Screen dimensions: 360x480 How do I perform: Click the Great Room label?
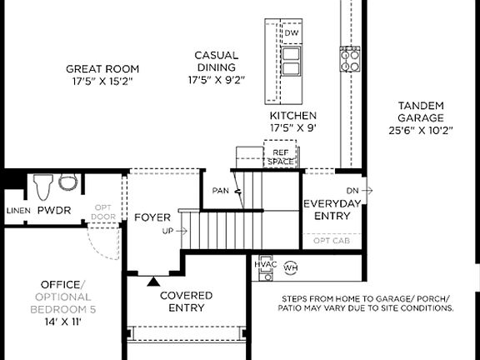[102, 75]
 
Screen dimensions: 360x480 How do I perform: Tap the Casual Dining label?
[217, 67]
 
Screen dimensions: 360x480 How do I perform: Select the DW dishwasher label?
[291, 33]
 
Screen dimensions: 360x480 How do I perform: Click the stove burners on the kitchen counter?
[349, 58]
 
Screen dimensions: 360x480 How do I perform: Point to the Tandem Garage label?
[420, 117]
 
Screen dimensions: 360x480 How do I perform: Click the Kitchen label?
[292, 121]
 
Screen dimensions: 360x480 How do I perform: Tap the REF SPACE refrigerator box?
[280, 157]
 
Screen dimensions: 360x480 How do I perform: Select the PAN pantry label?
[220, 191]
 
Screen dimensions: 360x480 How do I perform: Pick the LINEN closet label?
[17, 211]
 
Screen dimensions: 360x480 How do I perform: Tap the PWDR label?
[53, 211]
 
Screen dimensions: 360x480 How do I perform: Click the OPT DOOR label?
[104, 212]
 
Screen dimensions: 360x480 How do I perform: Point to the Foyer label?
[152, 217]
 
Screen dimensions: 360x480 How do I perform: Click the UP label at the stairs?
[167, 231]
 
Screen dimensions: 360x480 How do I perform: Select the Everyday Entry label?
[332, 210]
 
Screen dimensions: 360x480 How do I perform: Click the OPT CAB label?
[332, 240]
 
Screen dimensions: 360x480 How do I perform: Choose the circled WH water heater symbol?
[290, 268]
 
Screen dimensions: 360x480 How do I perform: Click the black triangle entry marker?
[152, 282]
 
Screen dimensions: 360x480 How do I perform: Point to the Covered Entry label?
[186, 302]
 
